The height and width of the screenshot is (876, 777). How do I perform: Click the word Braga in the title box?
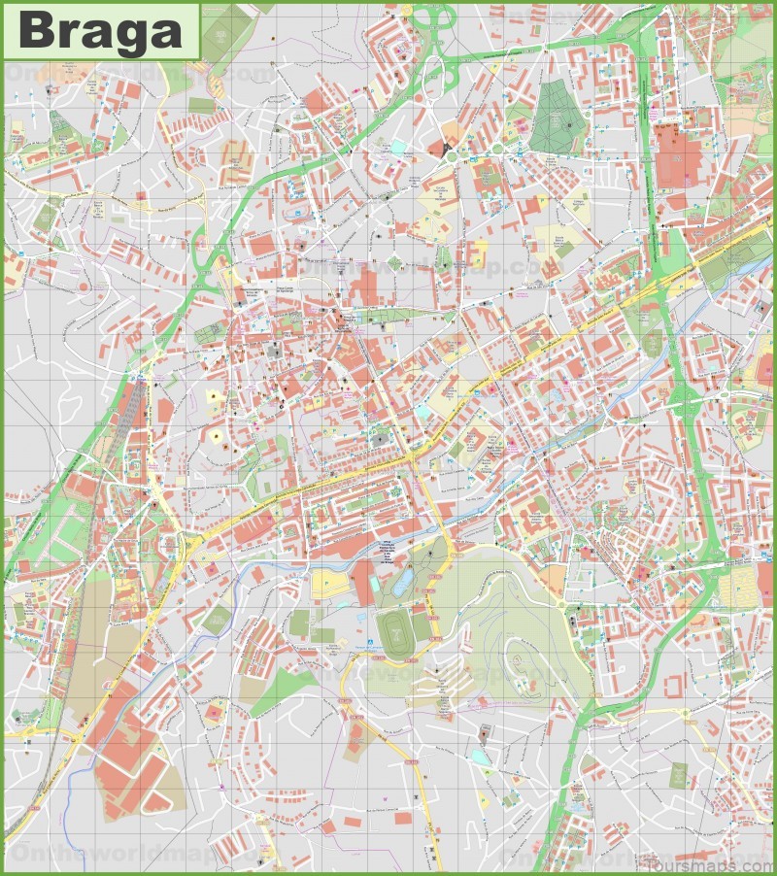100,31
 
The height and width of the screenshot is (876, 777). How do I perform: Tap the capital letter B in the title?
36,31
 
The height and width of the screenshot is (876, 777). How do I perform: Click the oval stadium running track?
394,632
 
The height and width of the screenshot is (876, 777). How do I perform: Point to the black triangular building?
446,148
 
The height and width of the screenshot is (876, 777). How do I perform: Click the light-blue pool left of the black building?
399,147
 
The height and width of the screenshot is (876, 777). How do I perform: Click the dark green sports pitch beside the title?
226,24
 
